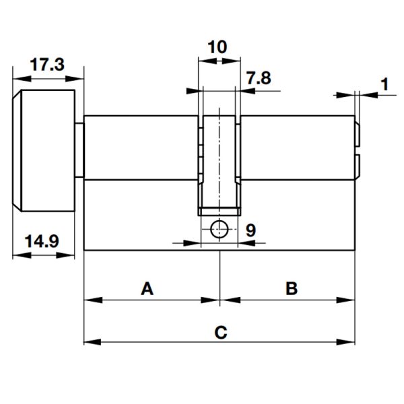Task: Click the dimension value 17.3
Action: click(x=47, y=65)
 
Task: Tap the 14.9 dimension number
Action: click(x=42, y=242)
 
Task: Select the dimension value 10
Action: click(x=217, y=47)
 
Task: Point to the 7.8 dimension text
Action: click(x=259, y=78)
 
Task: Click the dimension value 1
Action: click(x=384, y=84)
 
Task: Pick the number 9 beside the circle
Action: click(x=250, y=230)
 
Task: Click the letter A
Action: click(x=147, y=288)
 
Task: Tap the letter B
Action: click(x=292, y=288)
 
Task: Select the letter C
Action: click(x=221, y=332)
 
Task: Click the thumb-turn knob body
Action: click(x=44, y=151)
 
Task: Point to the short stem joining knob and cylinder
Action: click(x=79, y=150)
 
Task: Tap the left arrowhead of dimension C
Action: click(x=92, y=342)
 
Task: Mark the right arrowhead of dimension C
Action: click(x=346, y=342)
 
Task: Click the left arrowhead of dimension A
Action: click(x=93, y=300)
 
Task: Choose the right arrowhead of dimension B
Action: click(x=346, y=300)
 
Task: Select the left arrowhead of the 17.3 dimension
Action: click(x=22, y=79)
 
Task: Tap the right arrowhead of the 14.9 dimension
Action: click(x=65, y=255)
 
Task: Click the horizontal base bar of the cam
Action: click(x=220, y=211)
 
